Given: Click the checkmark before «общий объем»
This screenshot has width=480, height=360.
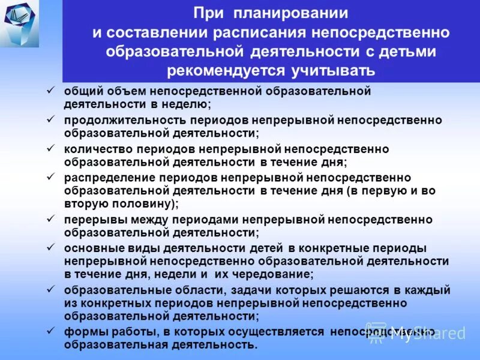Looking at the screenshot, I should [51, 92].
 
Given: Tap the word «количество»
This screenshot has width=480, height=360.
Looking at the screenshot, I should [95, 149].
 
